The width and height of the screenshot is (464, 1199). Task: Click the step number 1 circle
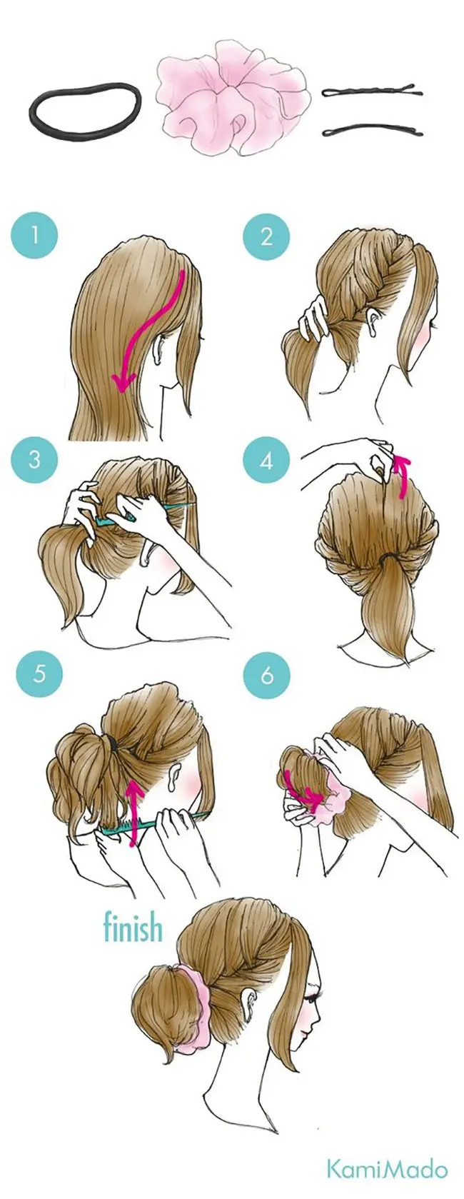point(35,236)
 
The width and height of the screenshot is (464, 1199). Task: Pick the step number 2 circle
point(266,236)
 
